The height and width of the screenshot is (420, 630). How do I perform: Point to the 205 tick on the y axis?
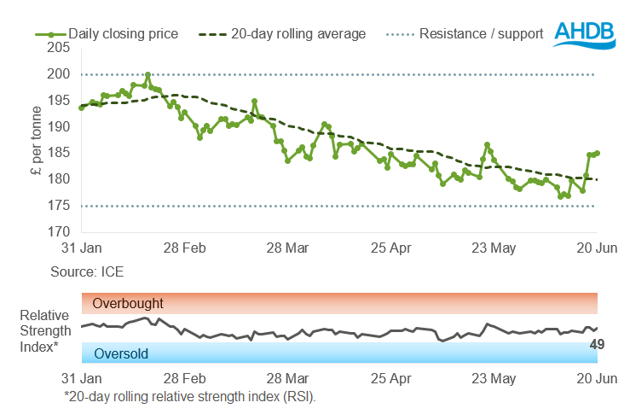(x=57, y=48)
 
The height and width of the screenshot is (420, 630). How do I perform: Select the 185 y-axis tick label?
(x=57, y=153)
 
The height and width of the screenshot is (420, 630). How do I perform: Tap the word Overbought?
(x=128, y=303)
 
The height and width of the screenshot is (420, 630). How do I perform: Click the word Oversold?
(x=121, y=353)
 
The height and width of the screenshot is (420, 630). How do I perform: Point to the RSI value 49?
(x=598, y=345)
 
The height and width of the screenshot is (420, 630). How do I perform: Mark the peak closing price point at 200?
(x=148, y=75)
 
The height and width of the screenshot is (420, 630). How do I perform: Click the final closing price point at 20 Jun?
(x=598, y=154)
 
